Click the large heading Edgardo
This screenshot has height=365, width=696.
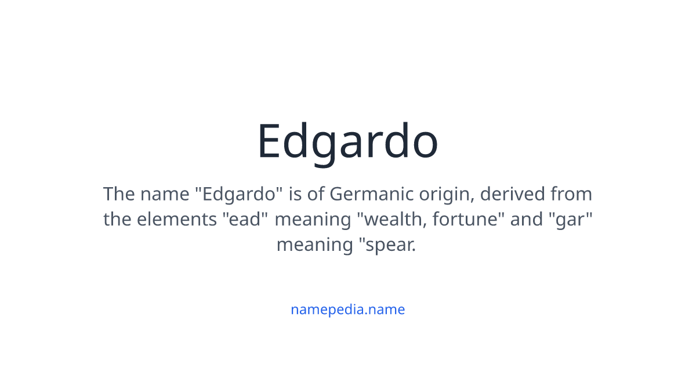tap(347, 141)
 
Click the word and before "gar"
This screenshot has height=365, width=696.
tap(526, 220)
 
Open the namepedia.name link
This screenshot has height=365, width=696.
tap(347, 309)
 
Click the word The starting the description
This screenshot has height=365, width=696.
tap(119, 194)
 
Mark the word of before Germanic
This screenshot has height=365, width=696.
tap(316, 194)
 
